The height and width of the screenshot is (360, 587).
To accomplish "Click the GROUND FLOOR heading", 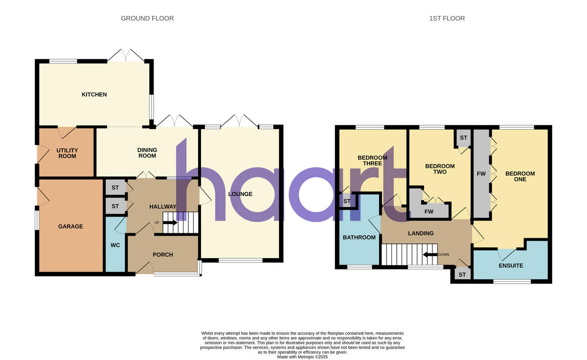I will (x=147, y=19).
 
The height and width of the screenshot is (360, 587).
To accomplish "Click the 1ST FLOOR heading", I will (x=447, y=19).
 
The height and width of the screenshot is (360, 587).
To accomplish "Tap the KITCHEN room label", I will (x=94, y=94).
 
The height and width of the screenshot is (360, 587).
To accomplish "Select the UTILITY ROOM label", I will (x=67, y=153).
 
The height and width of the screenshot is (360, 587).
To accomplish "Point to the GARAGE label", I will (x=70, y=226).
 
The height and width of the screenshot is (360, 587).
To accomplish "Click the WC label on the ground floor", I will (x=115, y=245).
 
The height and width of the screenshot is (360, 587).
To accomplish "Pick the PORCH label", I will (x=163, y=255).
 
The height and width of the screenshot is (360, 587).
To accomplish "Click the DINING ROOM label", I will (x=147, y=153).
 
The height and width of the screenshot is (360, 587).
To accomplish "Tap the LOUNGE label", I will (x=240, y=194).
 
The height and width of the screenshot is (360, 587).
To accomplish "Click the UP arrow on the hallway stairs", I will (x=170, y=223).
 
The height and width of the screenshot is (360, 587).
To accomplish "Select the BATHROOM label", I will (x=359, y=238).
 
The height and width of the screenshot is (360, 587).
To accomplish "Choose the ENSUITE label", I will (x=511, y=266).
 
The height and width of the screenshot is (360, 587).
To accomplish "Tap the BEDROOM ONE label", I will (x=520, y=177).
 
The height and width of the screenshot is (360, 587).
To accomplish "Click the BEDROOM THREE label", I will (x=372, y=160).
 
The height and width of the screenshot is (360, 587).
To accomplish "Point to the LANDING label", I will (x=421, y=233).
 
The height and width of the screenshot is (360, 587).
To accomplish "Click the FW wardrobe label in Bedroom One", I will (x=481, y=174).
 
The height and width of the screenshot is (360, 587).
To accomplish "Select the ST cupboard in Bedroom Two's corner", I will (x=463, y=138).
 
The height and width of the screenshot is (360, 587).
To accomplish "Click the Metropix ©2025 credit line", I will (x=302, y=357).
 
